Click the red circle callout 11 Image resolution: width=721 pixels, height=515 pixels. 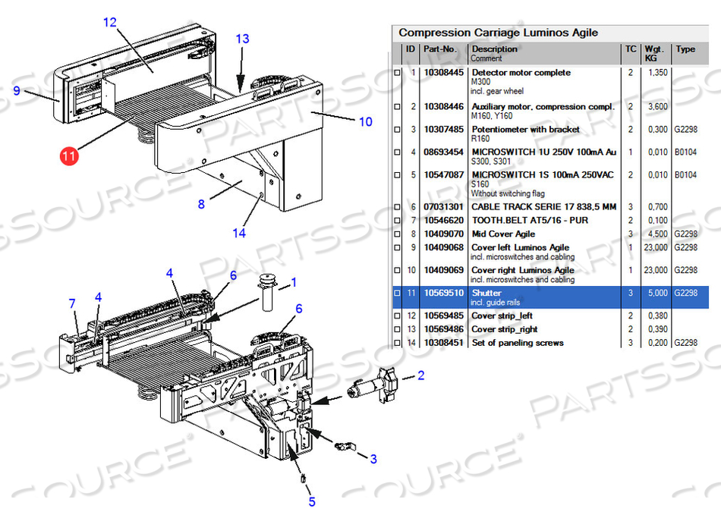click(x=69, y=157)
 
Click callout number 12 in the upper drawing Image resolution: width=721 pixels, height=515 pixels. click(x=110, y=23)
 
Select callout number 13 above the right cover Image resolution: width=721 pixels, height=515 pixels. click(x=242, y=39)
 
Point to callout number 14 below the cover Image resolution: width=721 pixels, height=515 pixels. click(x=239, y=233)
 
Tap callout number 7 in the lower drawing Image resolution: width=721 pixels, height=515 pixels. click(x=73, y=304)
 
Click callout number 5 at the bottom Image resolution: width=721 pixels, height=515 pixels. click(x=312, y=501)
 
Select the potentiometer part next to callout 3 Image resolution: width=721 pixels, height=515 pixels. click(x=345, y=446)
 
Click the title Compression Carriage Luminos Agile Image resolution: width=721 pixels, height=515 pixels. click(x=498, y=33)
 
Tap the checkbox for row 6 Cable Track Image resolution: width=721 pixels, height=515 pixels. click(x=396, y=207)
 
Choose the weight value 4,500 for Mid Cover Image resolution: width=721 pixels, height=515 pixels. click(x=656, y=234)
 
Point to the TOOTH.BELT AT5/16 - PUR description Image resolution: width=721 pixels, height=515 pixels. click(x=530, y=221)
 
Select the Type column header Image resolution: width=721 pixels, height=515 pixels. click(x=685, y=49)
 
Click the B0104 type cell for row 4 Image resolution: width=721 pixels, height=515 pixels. click(x=685, y=152)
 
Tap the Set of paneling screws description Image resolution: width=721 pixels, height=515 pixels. click(x=518, y=343)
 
